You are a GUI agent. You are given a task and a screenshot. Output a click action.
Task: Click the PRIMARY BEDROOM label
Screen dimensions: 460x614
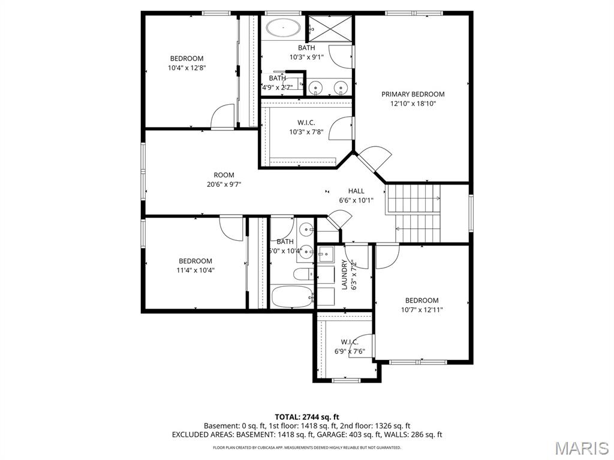[413, 94]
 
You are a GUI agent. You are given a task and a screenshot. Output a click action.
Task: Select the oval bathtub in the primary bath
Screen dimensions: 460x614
[283, 28]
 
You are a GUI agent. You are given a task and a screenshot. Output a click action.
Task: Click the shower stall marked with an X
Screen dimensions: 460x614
[330, 28]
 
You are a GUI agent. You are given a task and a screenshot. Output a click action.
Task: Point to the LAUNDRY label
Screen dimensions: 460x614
[345, 275]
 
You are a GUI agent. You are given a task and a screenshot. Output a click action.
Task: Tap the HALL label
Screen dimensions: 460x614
[356, 191]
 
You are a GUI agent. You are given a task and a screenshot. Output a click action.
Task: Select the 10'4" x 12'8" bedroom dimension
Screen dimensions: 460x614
[186, 68]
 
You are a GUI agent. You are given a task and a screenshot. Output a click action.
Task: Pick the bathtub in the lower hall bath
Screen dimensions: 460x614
[292, 296]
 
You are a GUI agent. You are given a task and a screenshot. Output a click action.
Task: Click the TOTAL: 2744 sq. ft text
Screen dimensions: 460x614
[307, 416]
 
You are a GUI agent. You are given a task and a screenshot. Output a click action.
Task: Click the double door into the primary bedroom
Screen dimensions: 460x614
[373, 160]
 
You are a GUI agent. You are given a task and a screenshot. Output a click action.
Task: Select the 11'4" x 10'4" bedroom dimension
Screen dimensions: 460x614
[195, 270]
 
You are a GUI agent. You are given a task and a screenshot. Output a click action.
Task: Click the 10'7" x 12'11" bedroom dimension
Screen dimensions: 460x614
[422, 310]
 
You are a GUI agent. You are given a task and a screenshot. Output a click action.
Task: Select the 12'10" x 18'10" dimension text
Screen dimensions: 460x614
[413, 104]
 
